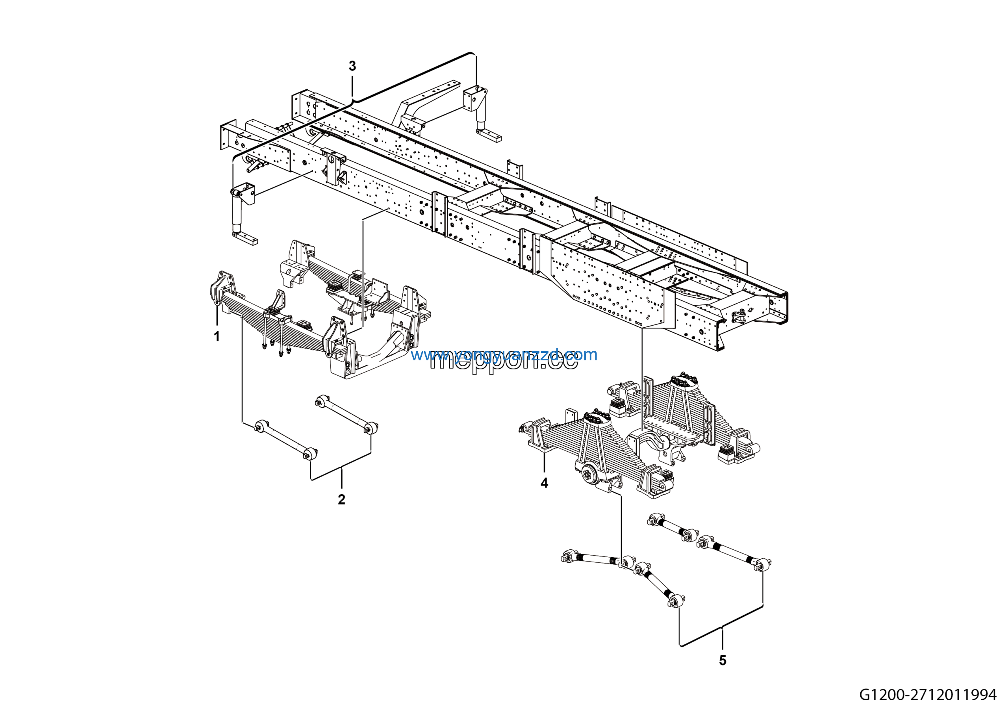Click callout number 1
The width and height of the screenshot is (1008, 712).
pos(217,337)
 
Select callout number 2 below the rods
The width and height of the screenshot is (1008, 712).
pos(341,499)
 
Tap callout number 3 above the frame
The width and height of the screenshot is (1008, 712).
pos(352,66)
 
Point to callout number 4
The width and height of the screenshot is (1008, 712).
pos(545,483)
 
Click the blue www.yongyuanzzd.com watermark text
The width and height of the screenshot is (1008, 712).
pos(504,355)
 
